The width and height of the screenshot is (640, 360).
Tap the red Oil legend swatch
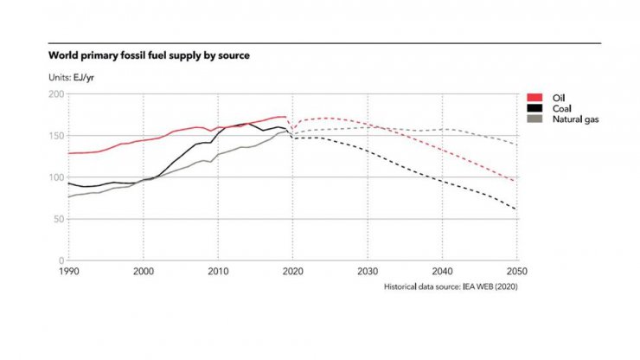(x=533, y=97)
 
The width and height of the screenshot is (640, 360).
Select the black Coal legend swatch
(x=533, y=107)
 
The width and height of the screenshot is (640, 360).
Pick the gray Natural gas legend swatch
(x=533, y=119)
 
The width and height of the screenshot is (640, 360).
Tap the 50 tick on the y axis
(x=59, y=219)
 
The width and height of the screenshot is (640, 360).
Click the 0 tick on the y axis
(x=61, y=260)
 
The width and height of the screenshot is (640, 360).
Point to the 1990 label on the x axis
(x=69, y=272)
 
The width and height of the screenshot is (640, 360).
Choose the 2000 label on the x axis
(x=144, y=272)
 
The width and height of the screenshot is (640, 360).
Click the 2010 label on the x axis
(x=218, y=272)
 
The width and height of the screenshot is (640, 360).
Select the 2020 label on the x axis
(x=293, y=272)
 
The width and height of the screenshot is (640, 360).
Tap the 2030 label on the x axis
(x=368, y=272)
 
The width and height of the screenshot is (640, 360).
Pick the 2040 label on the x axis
(x=443, y=272)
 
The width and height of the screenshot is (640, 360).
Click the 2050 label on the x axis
(x=516, y=272)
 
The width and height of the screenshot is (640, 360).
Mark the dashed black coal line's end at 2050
(x=517, y=209)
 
